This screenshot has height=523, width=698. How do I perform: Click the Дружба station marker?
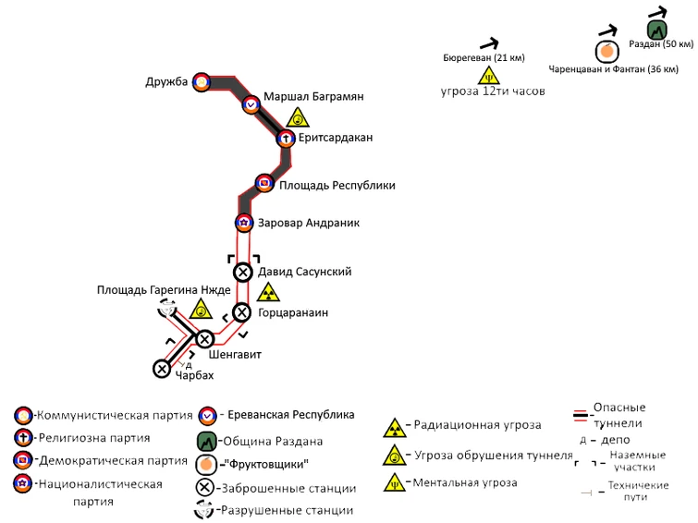202,82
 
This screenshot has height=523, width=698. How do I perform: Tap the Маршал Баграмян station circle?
251,105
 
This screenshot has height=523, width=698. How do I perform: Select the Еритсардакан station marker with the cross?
286,138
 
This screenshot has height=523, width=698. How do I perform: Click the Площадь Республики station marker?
264,183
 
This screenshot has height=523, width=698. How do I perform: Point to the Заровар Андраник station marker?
244,223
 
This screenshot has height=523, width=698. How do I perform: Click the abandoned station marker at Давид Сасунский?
243,272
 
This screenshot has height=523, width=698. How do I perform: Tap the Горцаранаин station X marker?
241,312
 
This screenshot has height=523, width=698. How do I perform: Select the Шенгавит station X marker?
204,340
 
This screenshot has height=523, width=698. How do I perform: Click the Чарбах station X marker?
162,369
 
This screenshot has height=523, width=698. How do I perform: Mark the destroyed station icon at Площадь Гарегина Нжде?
167,308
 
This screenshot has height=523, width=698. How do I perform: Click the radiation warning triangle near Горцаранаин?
268,292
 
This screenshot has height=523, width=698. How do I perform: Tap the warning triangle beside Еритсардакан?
298,118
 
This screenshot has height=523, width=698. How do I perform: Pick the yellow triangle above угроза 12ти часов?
489,76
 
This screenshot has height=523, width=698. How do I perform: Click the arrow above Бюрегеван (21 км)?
489,43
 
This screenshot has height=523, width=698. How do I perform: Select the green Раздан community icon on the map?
656,30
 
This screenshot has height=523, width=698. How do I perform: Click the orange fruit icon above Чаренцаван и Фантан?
606,52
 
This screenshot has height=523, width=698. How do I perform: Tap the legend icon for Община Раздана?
206,442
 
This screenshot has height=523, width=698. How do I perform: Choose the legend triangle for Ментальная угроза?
395,483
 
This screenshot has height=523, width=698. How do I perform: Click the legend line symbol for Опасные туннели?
581,415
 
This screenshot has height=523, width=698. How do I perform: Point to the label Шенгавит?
235,355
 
